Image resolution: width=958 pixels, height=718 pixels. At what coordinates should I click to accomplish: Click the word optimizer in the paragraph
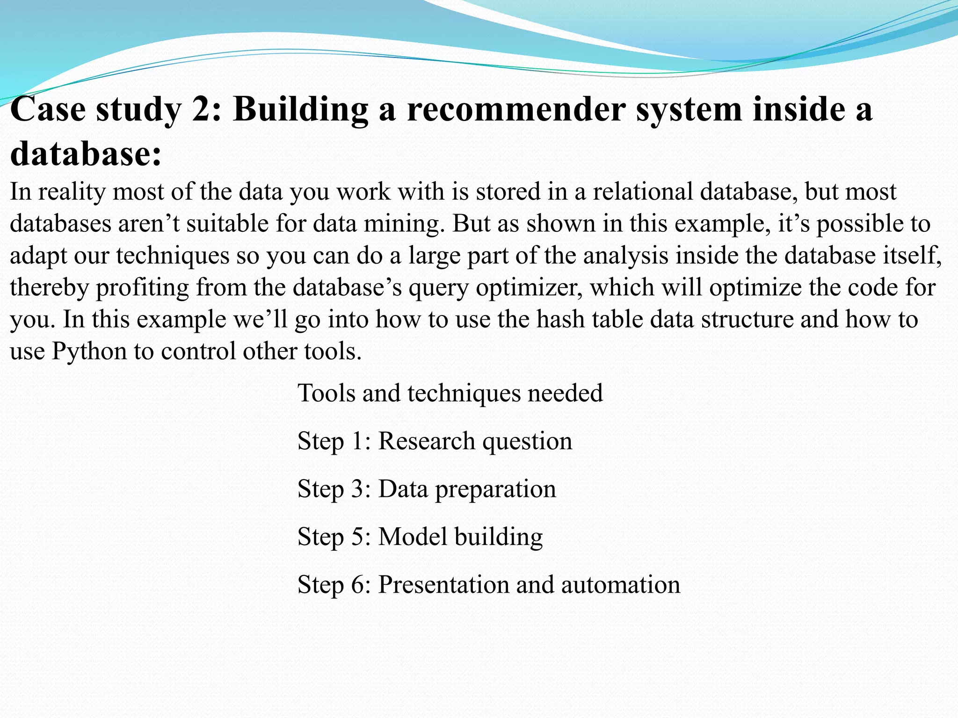click(529, 287)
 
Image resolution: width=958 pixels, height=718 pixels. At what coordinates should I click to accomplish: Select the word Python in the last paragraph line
click(89, 351)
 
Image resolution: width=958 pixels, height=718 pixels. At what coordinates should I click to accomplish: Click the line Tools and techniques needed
click(450, 393)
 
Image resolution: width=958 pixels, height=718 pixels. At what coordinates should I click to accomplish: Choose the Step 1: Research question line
click(435, 441)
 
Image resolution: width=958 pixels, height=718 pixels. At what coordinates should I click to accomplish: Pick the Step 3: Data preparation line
click(427, 489)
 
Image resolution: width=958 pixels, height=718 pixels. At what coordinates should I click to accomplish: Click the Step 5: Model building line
click(420, 537)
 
